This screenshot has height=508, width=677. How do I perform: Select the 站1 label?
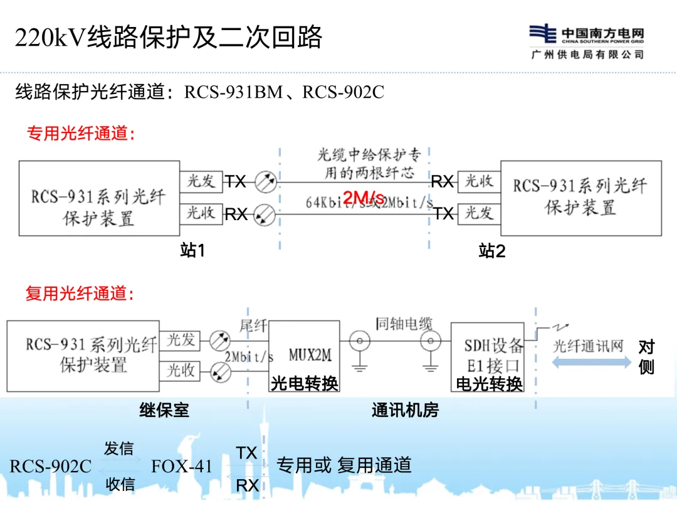[x=192, y=251]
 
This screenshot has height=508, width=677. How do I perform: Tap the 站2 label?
[x=491, y=251]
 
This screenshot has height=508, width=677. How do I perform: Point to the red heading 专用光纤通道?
[x=81, y=133]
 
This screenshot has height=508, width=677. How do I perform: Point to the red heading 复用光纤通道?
[x=80, y=294]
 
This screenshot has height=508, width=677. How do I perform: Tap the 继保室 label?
[x=164, y=411]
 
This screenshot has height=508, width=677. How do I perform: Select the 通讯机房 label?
[x=405, y=411]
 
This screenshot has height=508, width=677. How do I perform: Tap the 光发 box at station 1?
[x=201, y=181]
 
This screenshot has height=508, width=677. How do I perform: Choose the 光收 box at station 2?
[x=479, y=181]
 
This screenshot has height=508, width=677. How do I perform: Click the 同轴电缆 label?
[x=404, y=324]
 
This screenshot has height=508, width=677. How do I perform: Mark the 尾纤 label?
[x=253, y=325]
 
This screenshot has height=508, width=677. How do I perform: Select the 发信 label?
[x=118, y=448]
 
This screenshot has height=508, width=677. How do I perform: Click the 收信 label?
[x=118, y=484]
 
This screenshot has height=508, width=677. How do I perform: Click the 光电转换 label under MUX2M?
[x=304, y=383]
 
